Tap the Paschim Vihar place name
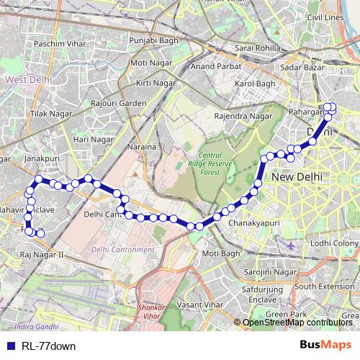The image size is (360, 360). (58, 45)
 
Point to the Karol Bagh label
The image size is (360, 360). (255, 84)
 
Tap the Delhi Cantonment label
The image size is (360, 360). (122, 250)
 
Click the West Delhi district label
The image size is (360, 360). (25, 79)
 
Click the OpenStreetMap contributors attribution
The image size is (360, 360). (296, 322)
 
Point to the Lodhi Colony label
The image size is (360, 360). (336, 243)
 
